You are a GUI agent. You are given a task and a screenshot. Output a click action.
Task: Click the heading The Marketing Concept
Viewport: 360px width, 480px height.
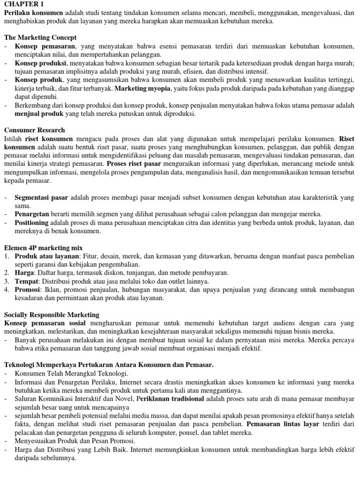pyautogui.click(x=40, y=37)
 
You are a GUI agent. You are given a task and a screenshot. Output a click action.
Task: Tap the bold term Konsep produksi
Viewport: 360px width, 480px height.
pyautogui.click(x=41, y=63)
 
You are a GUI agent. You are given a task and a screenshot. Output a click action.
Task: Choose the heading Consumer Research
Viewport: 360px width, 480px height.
pyautogui.click(x=34, y=130)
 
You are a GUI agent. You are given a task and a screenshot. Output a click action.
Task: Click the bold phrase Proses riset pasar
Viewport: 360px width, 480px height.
pyautogui.click(x=134, y=164)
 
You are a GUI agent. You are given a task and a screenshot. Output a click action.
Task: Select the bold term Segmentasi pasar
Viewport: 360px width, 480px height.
pyautogui.click(x=41, y=197)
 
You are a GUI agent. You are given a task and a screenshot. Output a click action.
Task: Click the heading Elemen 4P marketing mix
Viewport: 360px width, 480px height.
pyautogui.click(x=43, y=247)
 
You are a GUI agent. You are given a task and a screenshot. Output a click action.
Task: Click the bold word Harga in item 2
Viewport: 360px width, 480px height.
pyautogui.click(x=24, y=273)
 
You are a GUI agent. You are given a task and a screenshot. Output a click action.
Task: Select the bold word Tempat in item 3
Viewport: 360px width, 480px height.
pyautogui.click(x=26, y=281)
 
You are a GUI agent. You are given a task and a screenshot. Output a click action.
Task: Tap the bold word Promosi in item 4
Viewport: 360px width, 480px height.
pyautogui.click(x=28, y=290)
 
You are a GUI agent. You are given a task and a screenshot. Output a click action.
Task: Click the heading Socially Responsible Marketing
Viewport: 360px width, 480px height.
pyautogui.click(x=52, y=315)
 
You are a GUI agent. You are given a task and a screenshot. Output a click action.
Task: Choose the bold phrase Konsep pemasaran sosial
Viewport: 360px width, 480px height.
pyautogui.click(x=45, y=323)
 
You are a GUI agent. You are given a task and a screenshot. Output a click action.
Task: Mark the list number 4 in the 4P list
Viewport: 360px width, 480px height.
pyautogui.click(x=7, y=290)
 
